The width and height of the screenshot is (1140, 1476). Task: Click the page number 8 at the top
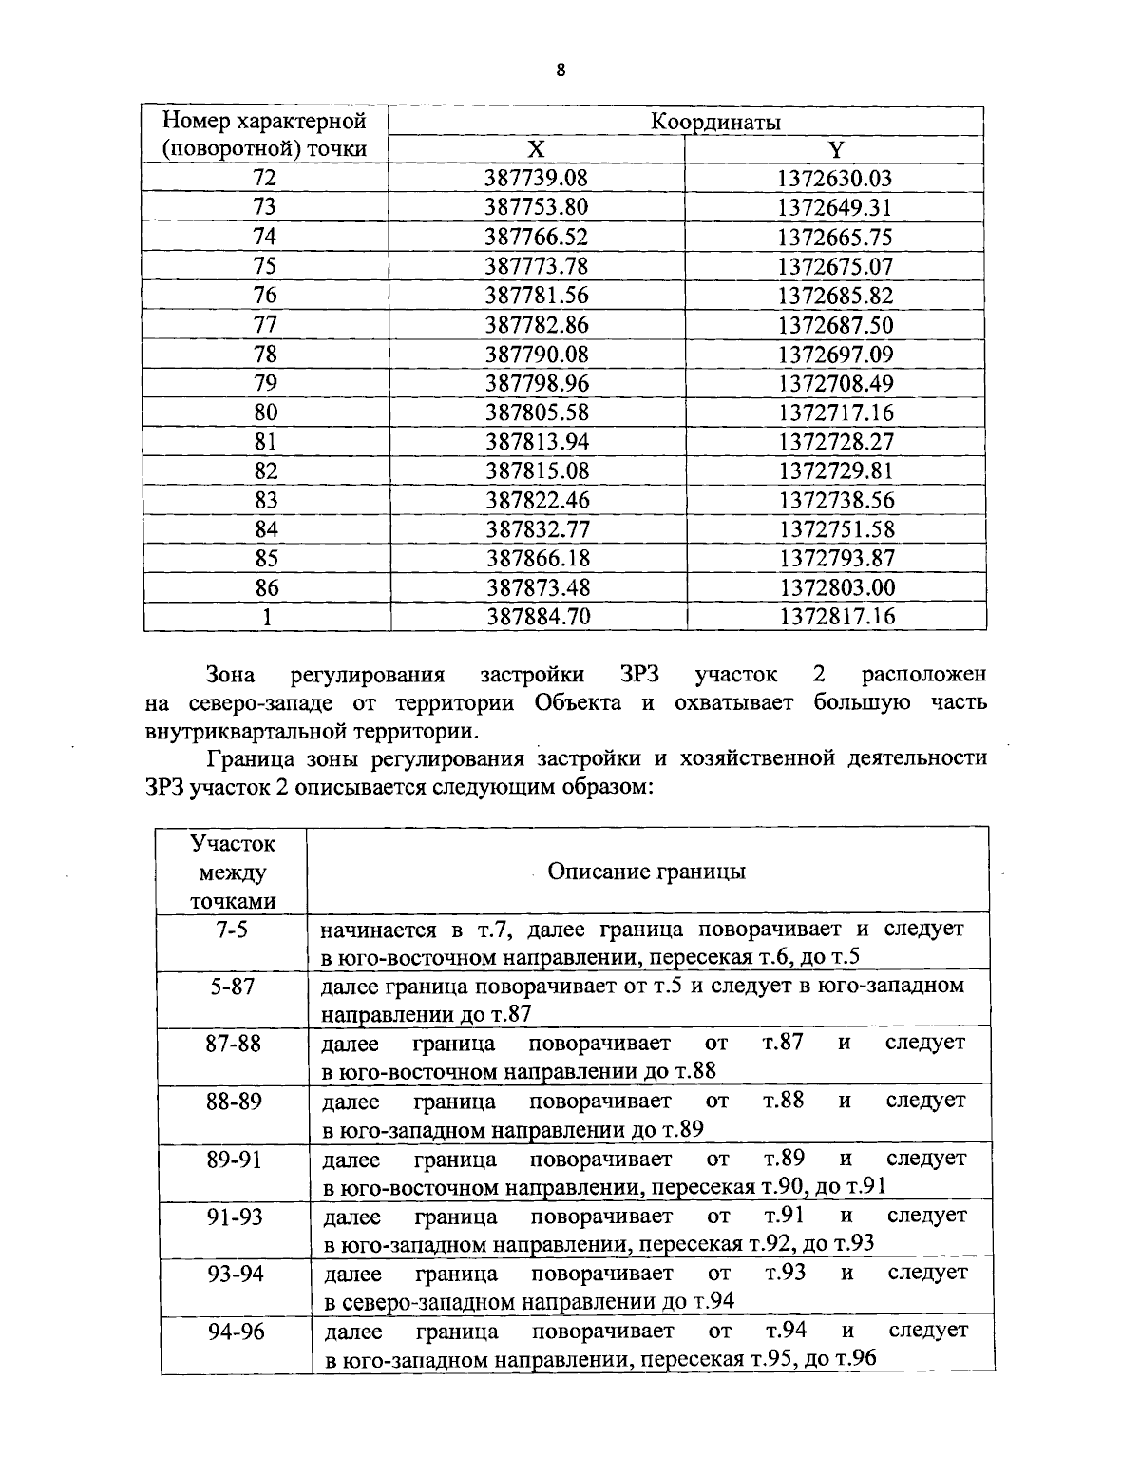point(560,70)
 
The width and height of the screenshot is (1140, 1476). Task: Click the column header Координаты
point(715,122)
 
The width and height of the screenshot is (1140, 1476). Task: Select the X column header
point(537,150)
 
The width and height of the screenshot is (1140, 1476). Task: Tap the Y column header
point(835,150)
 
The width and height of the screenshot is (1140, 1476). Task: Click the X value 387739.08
point(537,179)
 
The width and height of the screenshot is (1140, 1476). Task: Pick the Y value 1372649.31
point(835,208)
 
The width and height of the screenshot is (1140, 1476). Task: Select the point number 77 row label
point(266,325)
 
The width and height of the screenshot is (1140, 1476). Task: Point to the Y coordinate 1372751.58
point(836,529)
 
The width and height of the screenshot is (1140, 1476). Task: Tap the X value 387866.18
point(538,559)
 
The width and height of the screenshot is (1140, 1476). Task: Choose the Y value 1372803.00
point(836,588)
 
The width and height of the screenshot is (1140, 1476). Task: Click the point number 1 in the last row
point(267,617)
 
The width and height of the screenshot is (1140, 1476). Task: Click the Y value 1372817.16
point(837,617)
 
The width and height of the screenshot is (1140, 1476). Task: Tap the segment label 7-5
point(232,930)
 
